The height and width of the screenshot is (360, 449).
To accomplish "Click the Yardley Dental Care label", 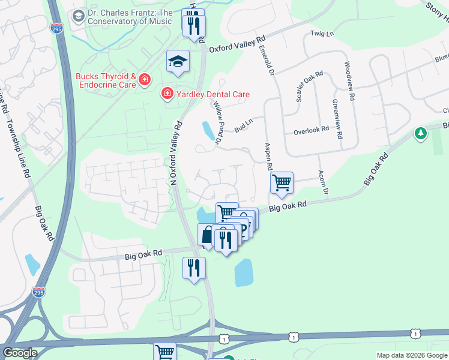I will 212,94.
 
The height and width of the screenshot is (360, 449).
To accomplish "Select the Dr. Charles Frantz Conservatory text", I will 129,17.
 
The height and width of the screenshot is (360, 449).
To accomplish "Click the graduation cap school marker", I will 178,62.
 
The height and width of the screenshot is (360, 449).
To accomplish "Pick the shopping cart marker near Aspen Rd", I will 282,182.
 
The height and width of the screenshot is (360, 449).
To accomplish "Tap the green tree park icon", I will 421,133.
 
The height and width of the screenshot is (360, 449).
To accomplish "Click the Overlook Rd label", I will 311,129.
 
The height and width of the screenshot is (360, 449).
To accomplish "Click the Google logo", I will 20,353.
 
